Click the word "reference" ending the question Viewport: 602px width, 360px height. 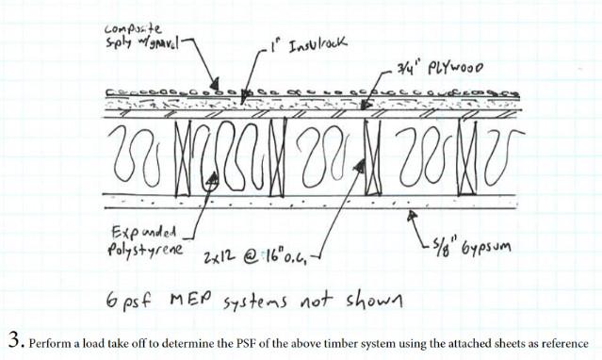pyautogui.click(x=565, y=342)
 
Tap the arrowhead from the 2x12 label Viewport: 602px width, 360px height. pyautogui.click(x=358, y=168)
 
